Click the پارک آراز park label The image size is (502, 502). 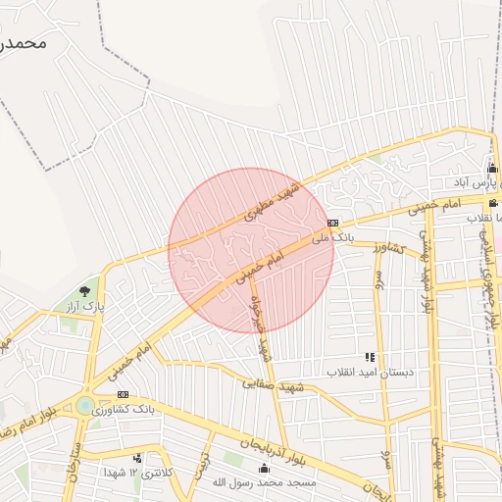click(85, 308)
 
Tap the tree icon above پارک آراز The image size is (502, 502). click(84, 291)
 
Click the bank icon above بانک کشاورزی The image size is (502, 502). click(123, 394)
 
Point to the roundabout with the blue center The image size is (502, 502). click(84, 404)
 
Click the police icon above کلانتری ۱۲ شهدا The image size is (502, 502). click(137, 458)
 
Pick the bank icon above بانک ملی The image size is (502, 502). click(333, 223)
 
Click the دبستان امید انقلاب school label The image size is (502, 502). click(370, 373)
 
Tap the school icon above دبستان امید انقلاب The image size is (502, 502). click(370, 358)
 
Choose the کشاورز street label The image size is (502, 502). click(387, 249)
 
